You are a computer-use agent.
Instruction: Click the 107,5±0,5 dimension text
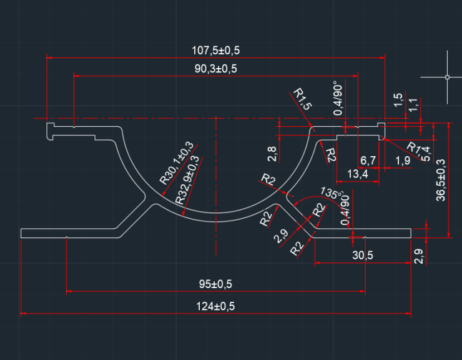click(x=215, y=51)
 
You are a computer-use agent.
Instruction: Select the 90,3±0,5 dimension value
click(x=215, y=69)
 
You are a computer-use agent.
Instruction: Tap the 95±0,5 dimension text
click(x=215, y=284)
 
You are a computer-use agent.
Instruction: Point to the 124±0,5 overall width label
click(x=215, y=306)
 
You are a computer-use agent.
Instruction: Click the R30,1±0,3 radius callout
click(x=177, y=163)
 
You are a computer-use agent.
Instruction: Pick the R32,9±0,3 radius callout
click(x=187, y=180)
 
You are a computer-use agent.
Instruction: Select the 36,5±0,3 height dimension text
click(x=441, y=180)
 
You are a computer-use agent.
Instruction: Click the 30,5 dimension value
click(x=362, y=255)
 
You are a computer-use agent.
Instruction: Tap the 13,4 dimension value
click(x=357, y=174)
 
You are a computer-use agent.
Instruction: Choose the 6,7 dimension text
click(x=368, y=161)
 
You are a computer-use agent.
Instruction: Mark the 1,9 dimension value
click(x=403, y=161)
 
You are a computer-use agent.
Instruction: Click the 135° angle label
click(x=332, y=193)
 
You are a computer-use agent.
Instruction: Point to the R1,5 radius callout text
click(x=302, y=99)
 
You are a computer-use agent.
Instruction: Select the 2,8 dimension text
click(x=272, y=154)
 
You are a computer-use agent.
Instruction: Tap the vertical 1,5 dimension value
click(x=398, y=100)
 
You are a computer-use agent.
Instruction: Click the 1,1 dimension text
click(x=413, y=105)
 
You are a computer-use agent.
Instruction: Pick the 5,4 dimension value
click(x=426, y=154)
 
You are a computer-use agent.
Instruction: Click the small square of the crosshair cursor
click(x=447, y=77)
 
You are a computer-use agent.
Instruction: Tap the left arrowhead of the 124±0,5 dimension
click(x=23, y=313)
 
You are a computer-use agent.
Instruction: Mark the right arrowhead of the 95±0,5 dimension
click(x=363, y=291)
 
